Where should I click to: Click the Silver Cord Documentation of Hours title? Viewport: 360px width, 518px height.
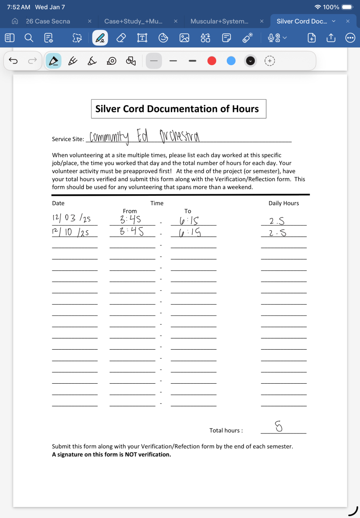point(177,109)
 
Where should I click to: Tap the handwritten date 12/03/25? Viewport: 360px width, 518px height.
point(71,219)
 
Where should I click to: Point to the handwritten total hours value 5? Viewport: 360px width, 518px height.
point(279,426)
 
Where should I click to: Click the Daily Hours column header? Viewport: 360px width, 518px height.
point(283,203)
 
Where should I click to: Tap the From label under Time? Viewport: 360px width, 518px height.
point(130,211)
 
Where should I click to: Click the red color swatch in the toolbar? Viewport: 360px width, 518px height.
point(211,61)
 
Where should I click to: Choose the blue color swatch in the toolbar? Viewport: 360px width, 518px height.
point(231,61)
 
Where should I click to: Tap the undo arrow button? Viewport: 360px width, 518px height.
point(13,61)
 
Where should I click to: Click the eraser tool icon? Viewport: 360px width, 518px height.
point(121,38)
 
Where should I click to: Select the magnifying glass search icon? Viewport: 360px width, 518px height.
point(29,38)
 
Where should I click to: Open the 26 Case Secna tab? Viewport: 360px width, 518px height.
point(48,21)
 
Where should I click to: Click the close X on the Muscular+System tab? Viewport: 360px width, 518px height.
point(262,21)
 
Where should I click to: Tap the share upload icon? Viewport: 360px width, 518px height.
point(330,38)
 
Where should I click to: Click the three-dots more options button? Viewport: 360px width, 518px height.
point(350,38)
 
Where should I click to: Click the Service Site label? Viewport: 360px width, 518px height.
point(68,139)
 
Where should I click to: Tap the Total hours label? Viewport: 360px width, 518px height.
point(226,431)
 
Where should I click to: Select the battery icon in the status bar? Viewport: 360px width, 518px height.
point(347,7)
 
